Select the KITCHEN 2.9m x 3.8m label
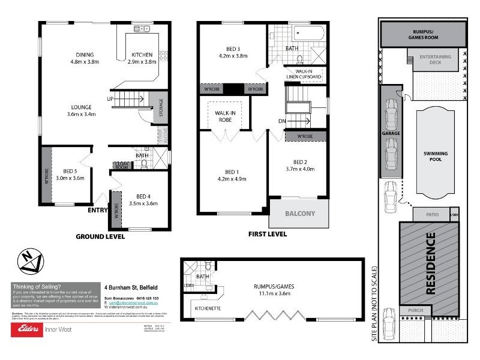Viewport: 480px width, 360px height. [x=142, y=59]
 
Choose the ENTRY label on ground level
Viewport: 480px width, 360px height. [x=98, y=211]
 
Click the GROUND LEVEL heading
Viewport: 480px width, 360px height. [x=100, y=236]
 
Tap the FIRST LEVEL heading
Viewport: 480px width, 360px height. [x=267, y=234]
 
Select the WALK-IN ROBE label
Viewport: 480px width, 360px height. [x=224, y=116]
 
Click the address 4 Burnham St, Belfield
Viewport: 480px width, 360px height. [x=133, y=287]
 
